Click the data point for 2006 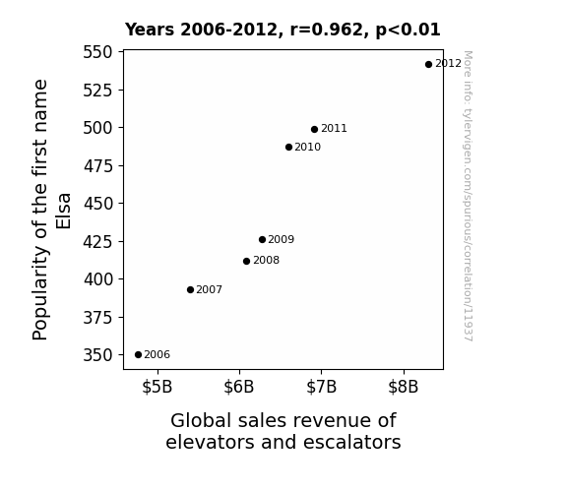pos(138,355)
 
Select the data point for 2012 pos(428,65)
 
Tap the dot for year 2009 pos(262,240)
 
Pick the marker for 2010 pos(288,148)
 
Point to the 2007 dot pos(190,290)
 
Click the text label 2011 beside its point pos(334,129)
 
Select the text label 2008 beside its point pos(266,260)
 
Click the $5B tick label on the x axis pos(157,387)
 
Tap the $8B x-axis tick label pos(404,387)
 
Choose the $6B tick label pos(239,387)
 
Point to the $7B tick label pos(321,387)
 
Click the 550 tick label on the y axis pos(97,52)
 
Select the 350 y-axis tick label pos(97,355)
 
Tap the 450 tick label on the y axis pos(97,204)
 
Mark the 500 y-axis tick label pos(97,128)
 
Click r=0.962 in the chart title pos(327,30)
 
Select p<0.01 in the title pos(408,31)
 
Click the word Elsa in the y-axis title pos(64,212)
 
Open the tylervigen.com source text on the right pos(468,197)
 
